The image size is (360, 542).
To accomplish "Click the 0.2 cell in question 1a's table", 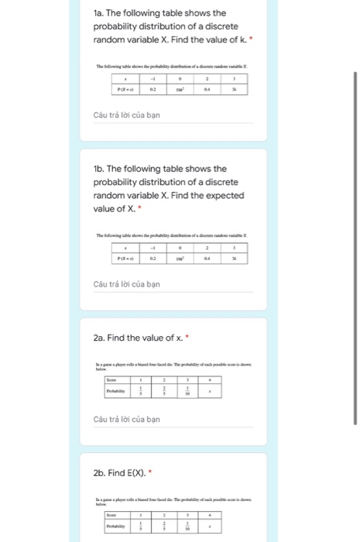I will pos(153,90).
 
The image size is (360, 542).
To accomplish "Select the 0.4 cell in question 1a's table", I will pos(207,90).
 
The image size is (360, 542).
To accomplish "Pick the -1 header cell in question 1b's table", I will pos(153,249).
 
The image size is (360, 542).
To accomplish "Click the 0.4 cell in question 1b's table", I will pos(207,259).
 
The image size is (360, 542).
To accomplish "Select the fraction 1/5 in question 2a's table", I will pos(141,391).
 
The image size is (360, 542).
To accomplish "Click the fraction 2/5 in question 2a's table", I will pos(164,391).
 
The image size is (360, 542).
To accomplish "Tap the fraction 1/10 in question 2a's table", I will pos(187,391).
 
